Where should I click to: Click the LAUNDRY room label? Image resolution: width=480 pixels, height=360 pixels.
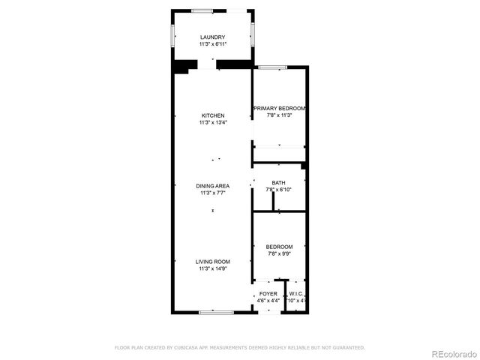tap(212, 37)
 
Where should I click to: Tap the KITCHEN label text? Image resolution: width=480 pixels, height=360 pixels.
tap(212, 115)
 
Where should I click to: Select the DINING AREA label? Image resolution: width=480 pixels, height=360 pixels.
tap(212, 186)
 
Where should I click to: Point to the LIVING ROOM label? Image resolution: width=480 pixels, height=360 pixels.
tap(212, 261)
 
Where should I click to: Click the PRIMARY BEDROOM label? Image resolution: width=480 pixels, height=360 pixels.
tap(279, 109)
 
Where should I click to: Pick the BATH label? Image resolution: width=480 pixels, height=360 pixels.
tap(278, 183)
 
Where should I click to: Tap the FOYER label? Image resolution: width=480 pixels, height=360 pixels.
tap(268, 294)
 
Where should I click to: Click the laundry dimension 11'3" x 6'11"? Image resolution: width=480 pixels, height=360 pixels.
tap(212, 44)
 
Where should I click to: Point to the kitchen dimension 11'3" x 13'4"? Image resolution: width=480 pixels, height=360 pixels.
tap(212, 122)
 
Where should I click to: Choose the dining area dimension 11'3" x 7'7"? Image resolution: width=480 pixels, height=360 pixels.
tap(212, 193)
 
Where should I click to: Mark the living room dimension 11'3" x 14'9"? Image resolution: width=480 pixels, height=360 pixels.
tap(212, 268)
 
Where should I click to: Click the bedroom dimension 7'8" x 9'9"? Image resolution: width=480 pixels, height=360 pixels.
tap(279, 253)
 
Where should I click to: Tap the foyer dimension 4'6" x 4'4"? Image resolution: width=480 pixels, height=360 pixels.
tap(268, 301)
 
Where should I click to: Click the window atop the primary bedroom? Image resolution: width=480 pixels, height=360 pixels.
tap(273, 67)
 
